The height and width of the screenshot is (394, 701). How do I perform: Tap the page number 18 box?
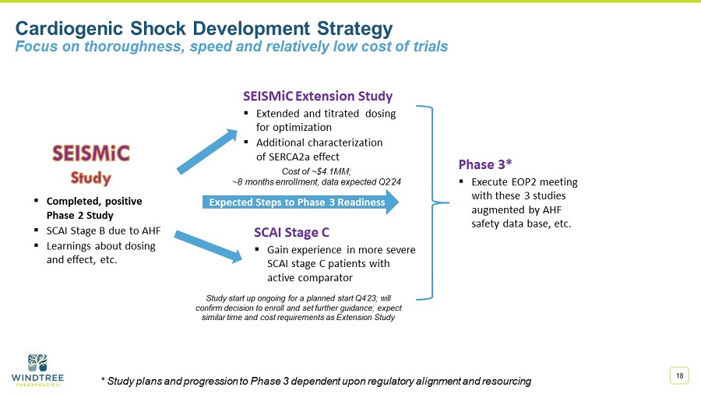point(680,376)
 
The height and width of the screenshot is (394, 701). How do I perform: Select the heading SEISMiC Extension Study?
point(318,97)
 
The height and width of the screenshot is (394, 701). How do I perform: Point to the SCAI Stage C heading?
point(291,232)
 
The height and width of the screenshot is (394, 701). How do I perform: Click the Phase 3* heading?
point(484,164)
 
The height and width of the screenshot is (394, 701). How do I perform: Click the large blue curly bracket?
point(434,202)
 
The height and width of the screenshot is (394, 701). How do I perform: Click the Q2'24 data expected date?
point(386,181)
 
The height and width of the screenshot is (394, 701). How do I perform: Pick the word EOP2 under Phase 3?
point(535,181)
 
